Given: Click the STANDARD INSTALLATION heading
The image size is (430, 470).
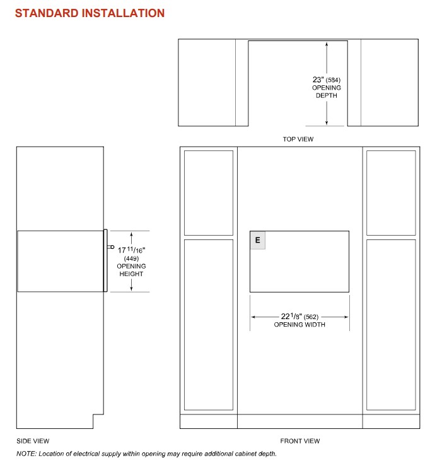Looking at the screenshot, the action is pyautogui.click(x=90, y=13).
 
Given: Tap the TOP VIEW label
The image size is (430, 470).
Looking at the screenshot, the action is pyautogui.click(x=298, y=139).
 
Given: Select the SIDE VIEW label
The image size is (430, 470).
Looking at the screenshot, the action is pyautogui.click(x=33, y=441).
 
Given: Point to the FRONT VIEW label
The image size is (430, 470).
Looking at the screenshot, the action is pyautogui.click(x=300, y=441).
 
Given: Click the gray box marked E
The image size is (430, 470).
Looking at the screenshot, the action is pyautogui.click(x=258, y=240).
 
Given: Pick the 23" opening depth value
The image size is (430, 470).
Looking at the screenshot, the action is pyautogui.click(x=318, y=80).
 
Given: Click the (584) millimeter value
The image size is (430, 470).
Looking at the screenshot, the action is pyautogui.click(x=333, y=80).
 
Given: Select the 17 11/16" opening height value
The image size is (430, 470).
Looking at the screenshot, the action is pyautogui.click(x=131, y=250).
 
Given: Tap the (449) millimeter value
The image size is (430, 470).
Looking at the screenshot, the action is pyautogui.click(x=131, y=258).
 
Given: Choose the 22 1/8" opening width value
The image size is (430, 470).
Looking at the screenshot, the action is pyautogui.click(x=291, y=316).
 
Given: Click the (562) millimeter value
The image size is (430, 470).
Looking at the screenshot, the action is pyautogui.click(x=311, y=317).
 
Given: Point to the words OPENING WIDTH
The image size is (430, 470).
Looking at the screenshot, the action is pyautogui.click(x=299, y=325).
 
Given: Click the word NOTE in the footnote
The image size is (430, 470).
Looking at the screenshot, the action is pyautogui.click(x=26, y=454).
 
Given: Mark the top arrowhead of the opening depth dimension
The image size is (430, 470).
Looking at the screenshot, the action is pyautogui.click(x=327, y=44).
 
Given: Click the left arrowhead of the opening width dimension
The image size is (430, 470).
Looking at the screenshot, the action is pyautogui.click(x=253, y=317).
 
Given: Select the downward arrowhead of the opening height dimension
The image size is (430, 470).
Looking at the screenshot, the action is pyautogui.click(x=131, y=288).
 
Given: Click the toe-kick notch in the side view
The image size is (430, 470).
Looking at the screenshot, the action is pyautogui.click(x=98, y=421).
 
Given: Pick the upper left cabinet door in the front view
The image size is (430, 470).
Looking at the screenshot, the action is pyautogui.click(x=209, y=193).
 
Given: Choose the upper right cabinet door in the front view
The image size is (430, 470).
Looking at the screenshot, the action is pyautogui.click(x=391, y=193).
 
